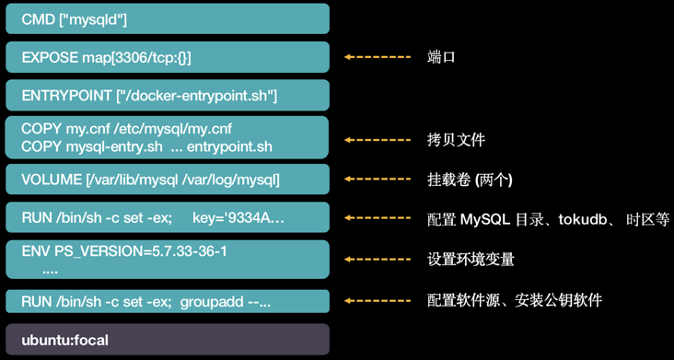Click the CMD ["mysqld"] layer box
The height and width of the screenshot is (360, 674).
pos(167,19)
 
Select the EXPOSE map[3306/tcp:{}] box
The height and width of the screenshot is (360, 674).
pos(167,57)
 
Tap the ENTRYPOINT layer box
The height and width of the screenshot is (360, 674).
pos(167,96)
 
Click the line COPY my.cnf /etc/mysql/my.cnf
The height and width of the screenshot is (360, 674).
pos(126,129)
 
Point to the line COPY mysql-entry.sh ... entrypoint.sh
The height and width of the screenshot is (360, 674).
pos(146,147)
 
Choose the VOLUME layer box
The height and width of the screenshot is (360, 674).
pos(167,180)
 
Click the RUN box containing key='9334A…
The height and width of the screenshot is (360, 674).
pos(167,218)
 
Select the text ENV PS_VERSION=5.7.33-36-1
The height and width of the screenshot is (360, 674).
pos(124,251)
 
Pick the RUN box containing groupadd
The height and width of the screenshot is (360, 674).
pos(167,301)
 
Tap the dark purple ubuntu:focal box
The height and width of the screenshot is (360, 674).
pos(167,340)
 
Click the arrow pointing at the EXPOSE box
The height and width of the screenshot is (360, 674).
pos(378,57)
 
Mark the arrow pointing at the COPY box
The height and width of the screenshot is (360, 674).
pos(378,140)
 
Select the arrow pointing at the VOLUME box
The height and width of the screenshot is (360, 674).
pos(378,180)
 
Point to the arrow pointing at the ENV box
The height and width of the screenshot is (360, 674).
pos(378,260)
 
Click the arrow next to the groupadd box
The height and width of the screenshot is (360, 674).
pos(378,301)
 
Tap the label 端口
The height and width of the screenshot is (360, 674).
pos(442,57)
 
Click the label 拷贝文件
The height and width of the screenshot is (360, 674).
pos(457,140)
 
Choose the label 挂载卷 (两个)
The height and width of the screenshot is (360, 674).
pos(471,180)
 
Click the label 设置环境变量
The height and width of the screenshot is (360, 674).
pos(471,260)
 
